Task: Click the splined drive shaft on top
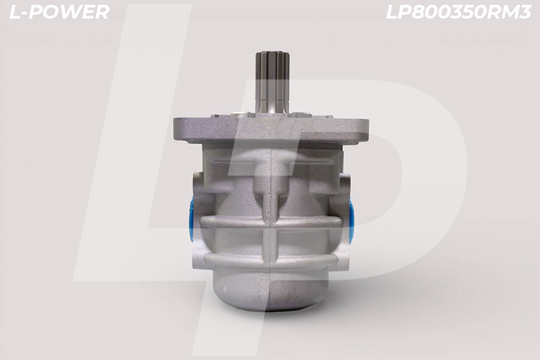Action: pos(271,82)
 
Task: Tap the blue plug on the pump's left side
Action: pos(192,216)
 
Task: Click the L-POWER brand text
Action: pos(59,12)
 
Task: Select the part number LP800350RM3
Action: pos(458,12)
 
